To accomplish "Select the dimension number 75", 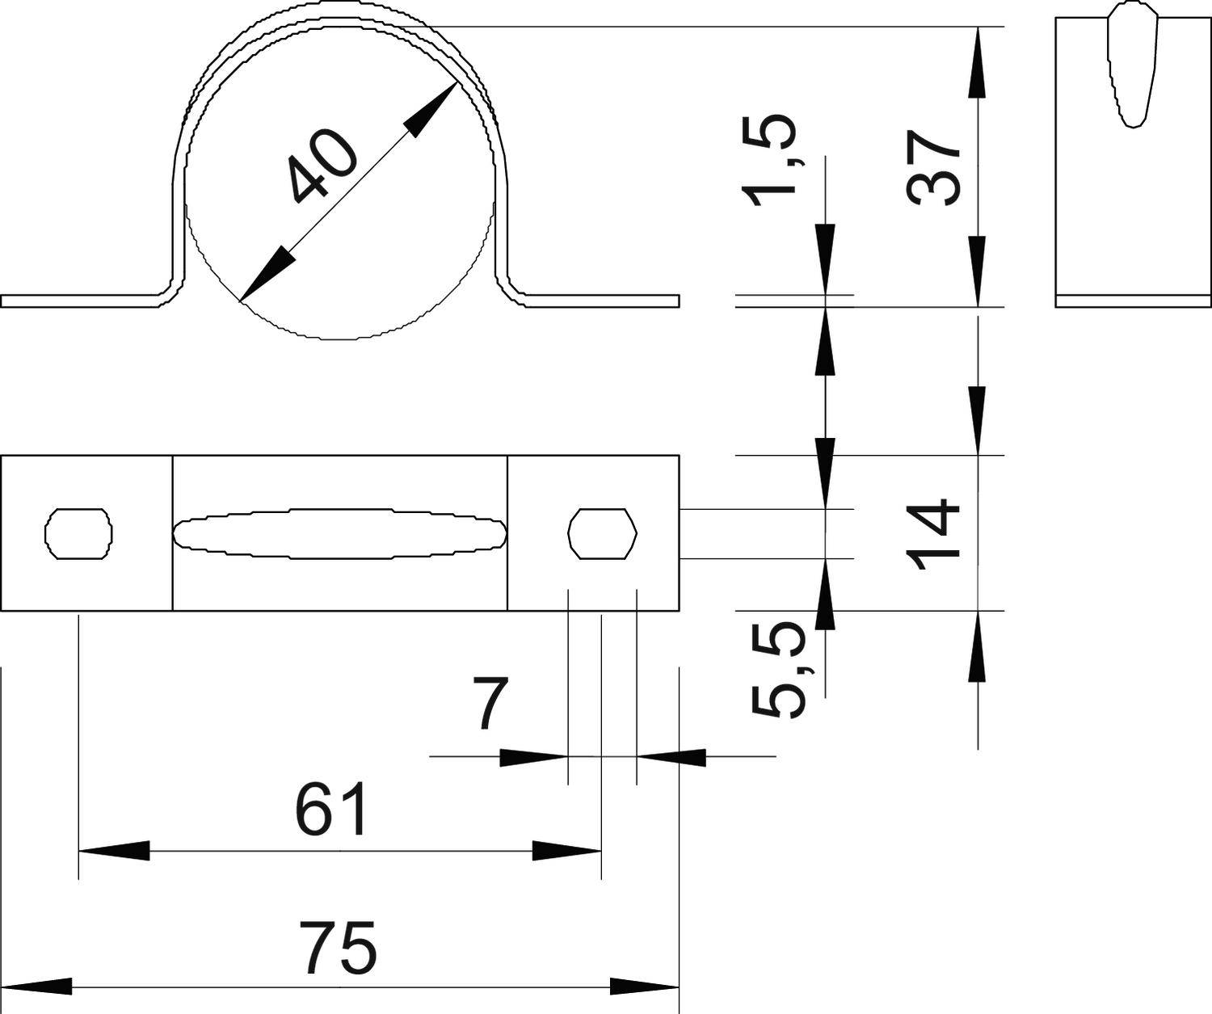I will tap(340, 948).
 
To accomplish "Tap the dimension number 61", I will tap(332, 810).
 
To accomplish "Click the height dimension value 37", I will tap(933, 168).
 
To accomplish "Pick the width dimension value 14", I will tap(933, 534).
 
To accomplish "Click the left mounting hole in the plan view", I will tap(78, 533).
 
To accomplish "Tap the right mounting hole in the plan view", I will tap(603, 533).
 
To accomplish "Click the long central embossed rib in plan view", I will tap(340, 533).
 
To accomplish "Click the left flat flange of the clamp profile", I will tap(81, 301).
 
